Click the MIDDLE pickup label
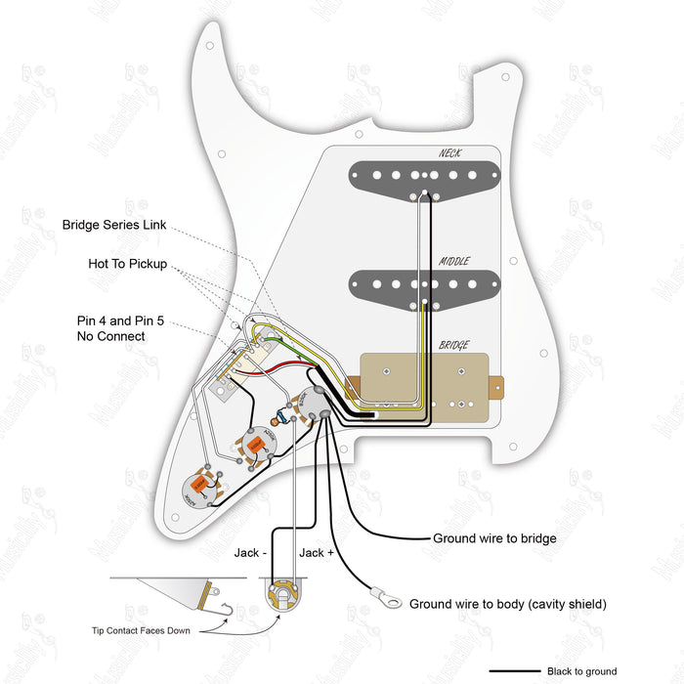point(453,261)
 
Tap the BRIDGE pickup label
point(452,345)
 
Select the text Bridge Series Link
point(113,225)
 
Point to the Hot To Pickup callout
point(127,265)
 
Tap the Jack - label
point(250,553)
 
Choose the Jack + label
point(316,553)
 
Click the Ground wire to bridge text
point(494,538)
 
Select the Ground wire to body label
point(508,605)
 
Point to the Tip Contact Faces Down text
point(141,630)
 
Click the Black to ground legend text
point(582,671)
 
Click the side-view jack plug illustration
point(176,592)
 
